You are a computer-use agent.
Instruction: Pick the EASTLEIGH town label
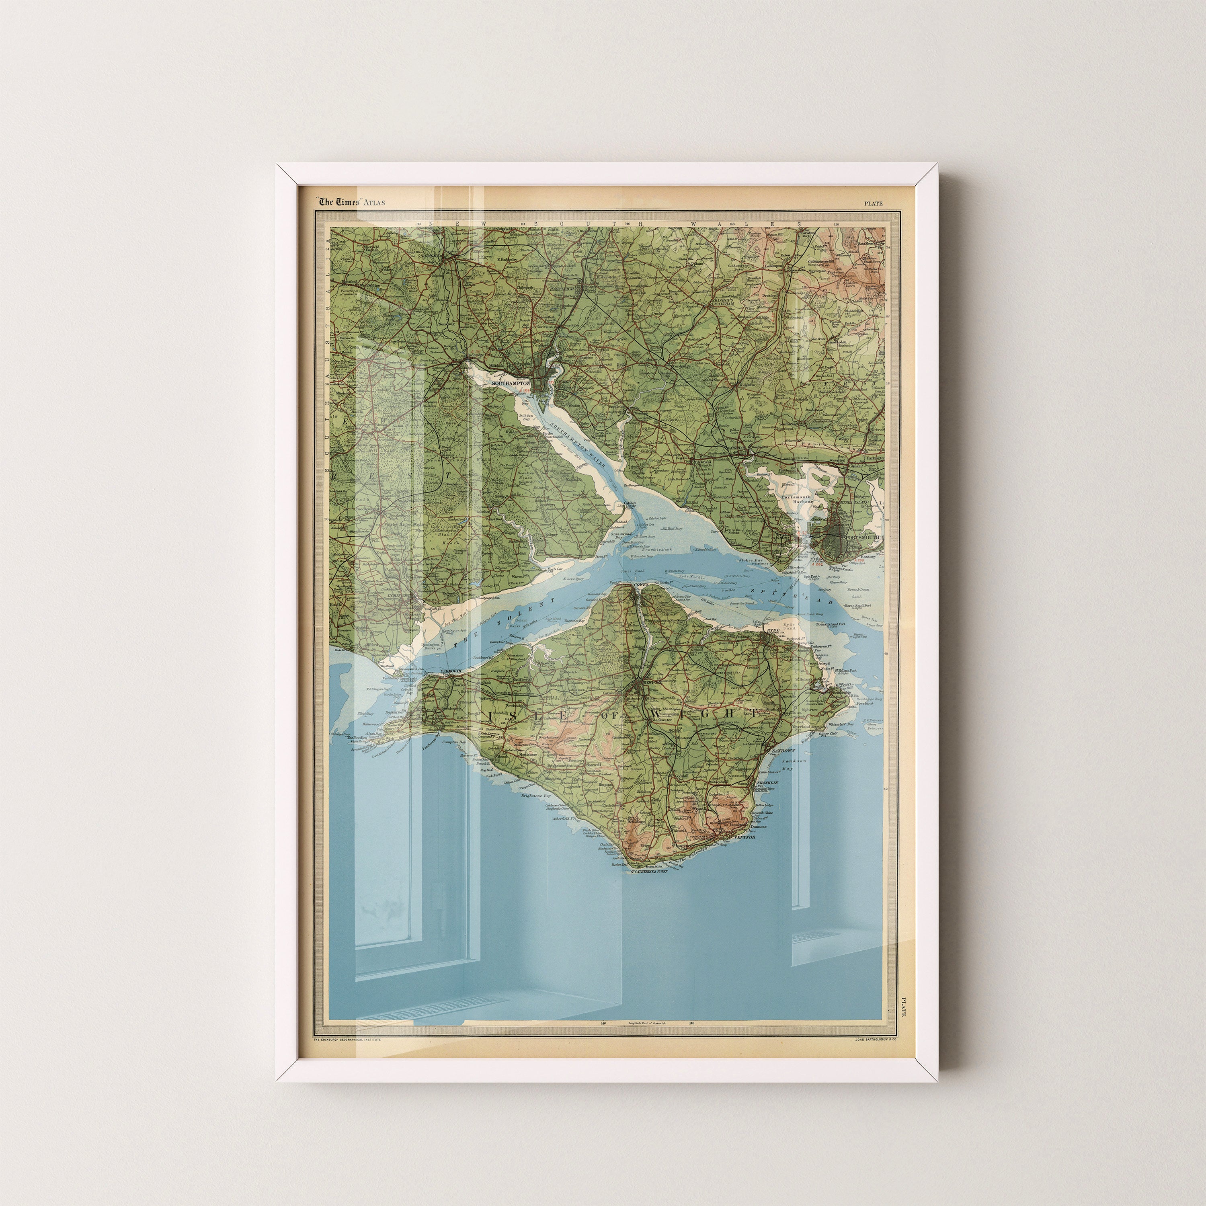coord(560,289)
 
